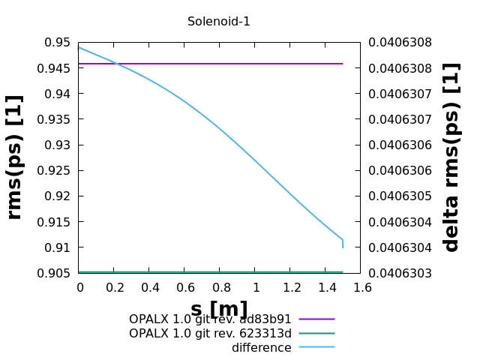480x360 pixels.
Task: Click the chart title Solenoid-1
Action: (x=219, y=22)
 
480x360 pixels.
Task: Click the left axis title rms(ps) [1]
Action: (x=15, y=157)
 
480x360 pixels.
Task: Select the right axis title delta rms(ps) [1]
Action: (x=451, y=157)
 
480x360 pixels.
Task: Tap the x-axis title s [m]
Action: (x=219, y=309)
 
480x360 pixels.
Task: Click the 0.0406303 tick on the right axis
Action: (x=400, y=273)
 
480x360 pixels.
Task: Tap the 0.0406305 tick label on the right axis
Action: (x=400, y=196)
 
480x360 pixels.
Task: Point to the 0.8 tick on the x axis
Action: (x=220, y=287)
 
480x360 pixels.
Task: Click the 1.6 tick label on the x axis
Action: (x=362, y=287)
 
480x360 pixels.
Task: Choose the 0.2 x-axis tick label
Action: (x=115, y=287)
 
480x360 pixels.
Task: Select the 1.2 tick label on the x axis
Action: (x=292, y=287)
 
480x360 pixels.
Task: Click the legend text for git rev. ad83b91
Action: (x=210, y=319)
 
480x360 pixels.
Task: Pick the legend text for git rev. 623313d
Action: (x=210, y=333)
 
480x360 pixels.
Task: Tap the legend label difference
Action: (x=261, y=348)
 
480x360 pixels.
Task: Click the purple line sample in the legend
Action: (x=316, y=319)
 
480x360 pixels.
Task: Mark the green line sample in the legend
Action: (x=316, y=333)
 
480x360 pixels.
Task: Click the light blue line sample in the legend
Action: (x=316, y=347)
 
